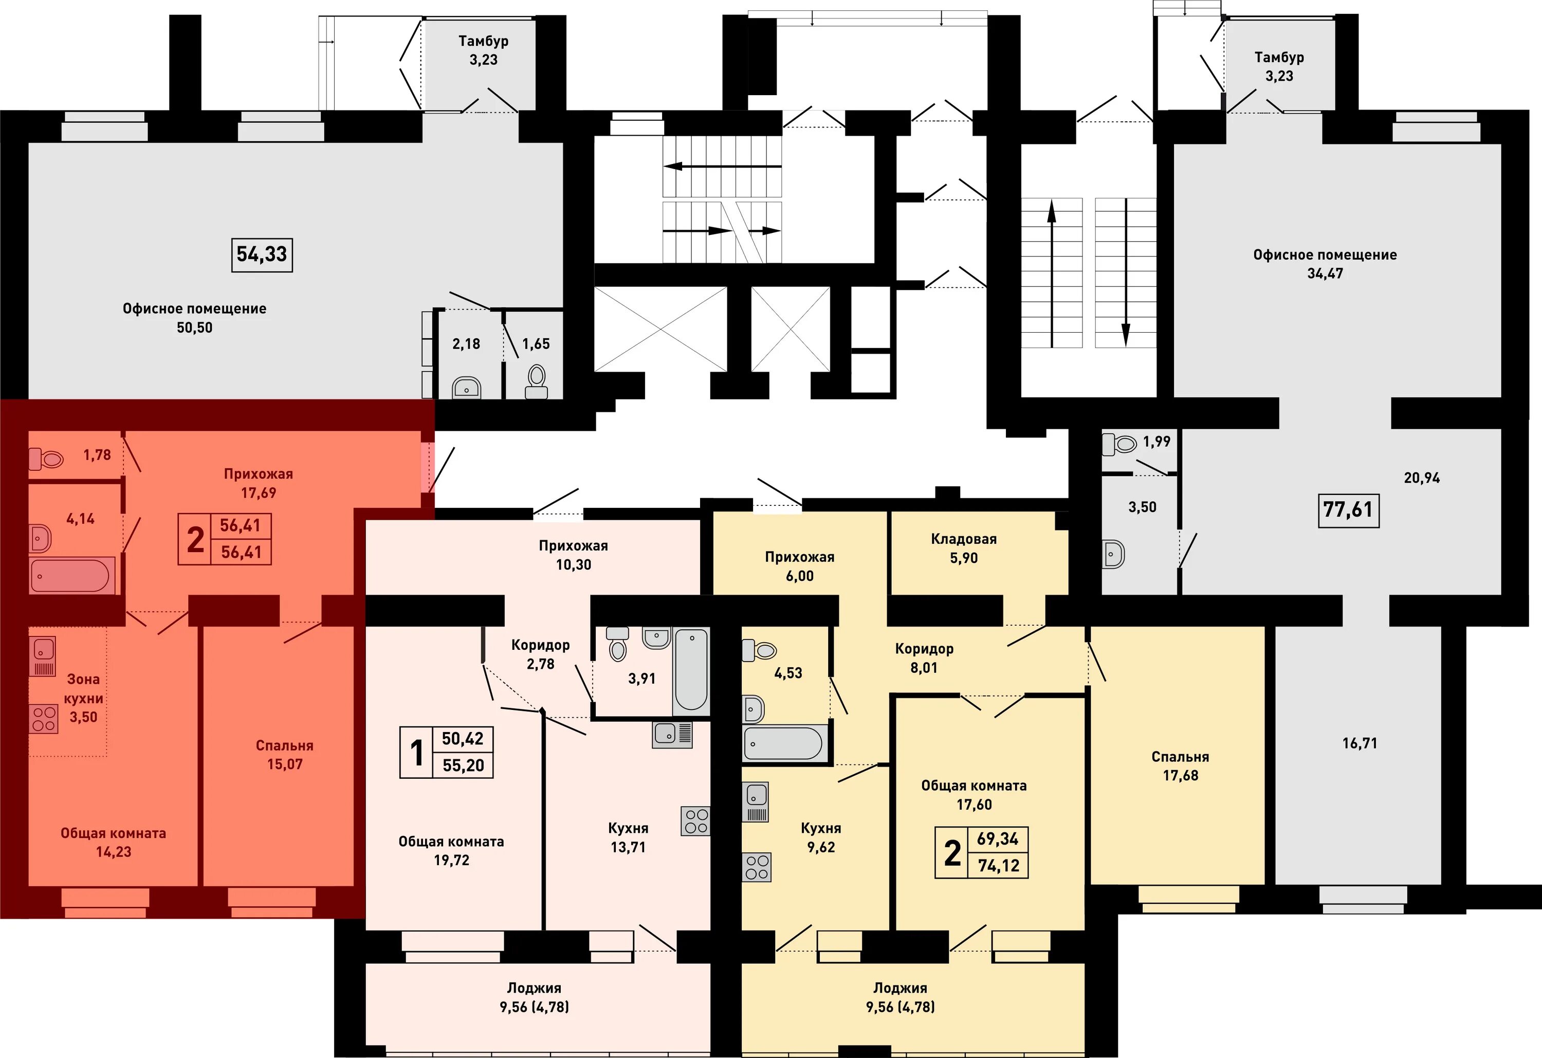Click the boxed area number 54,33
tap(262, 254)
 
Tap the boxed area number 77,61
tap(1348, 510)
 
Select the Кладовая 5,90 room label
tap(963, 548)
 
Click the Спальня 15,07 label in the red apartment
tap(285, 755)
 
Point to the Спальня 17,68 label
tap(1180, 766)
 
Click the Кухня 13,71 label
tap(628, 837)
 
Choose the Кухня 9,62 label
tap(821, 837)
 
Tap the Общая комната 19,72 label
tap(451, 851)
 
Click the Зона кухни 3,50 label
tap(84, 698)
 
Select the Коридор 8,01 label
tap(924, 658)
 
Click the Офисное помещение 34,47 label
tap(1325, 264)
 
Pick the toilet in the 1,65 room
tap(536, 381)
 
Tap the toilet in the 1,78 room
tap(46, 458)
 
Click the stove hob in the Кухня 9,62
tap(757, 867)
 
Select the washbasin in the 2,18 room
tap(467, 388)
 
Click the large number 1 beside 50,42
tap(417, 753)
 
